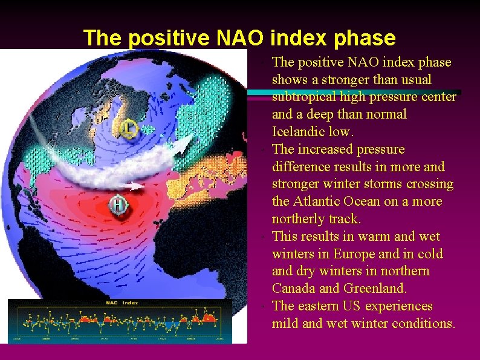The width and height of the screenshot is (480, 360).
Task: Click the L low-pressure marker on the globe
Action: click(130, 128)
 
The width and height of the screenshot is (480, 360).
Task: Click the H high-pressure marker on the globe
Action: click(118, 206)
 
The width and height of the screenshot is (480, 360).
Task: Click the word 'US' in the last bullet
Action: click(355, 306)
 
